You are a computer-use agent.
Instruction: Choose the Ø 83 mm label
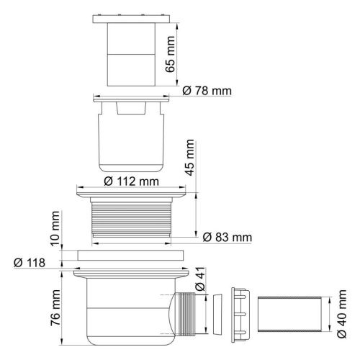point(228,237)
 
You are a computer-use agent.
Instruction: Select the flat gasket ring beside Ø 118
point(132,255)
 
